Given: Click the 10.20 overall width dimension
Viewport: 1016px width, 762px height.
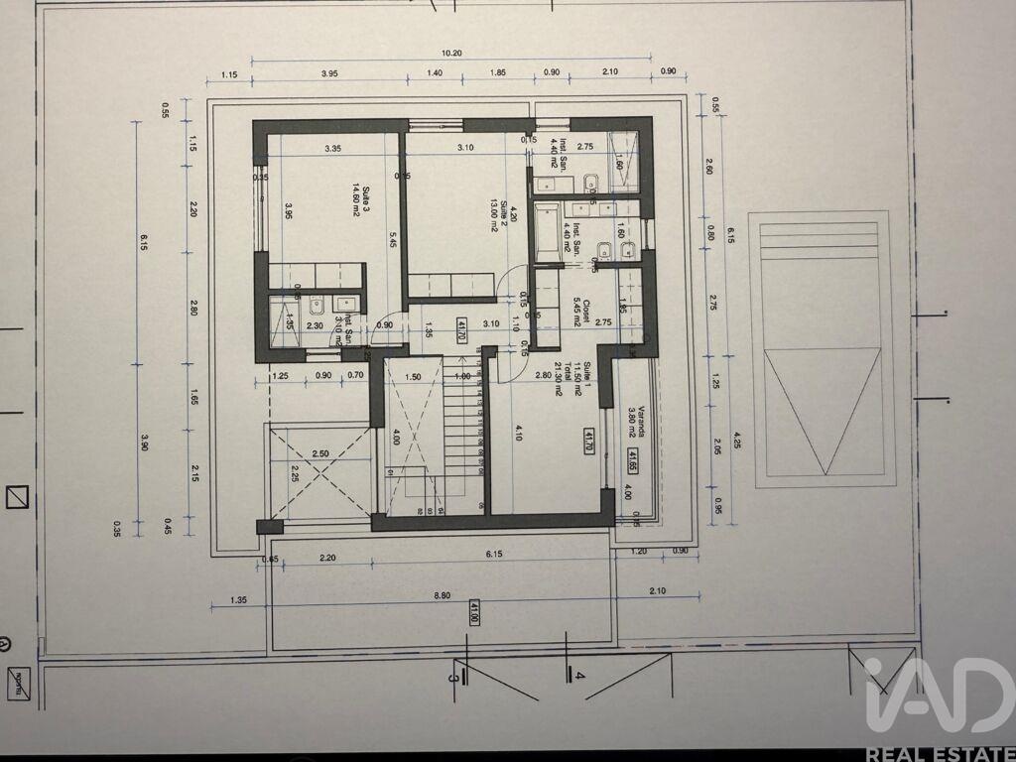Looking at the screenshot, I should click(x=451, y=54).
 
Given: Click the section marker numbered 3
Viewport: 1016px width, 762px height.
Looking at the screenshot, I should click(x=454, y=677).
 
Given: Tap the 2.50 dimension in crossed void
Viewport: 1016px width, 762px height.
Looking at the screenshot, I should click(x=319, y=453).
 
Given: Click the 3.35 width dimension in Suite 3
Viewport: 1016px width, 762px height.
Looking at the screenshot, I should click(x=332, y=149).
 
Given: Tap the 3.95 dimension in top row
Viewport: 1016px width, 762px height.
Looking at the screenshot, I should click(x=330, y=73).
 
